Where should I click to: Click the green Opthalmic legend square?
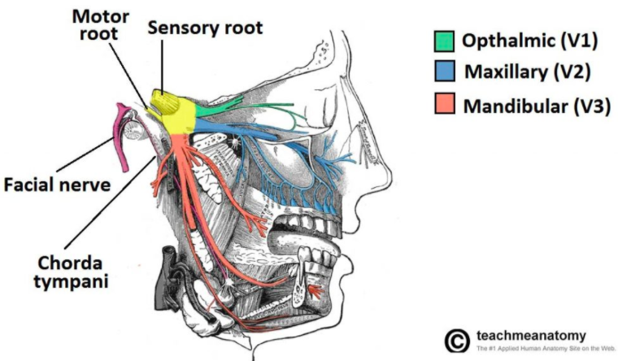(x=444, y=40)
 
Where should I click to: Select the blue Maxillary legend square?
(x=444, y=72)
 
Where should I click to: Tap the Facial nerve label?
(x=56, y=185)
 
